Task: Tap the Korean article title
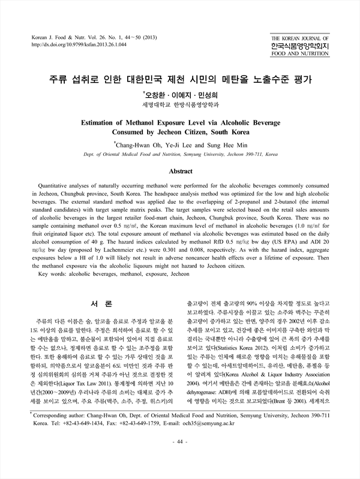pos(179,79)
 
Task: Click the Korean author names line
pos(180,95)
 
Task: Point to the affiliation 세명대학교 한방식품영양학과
pos(180,104)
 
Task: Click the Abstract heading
pos(180,171)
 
